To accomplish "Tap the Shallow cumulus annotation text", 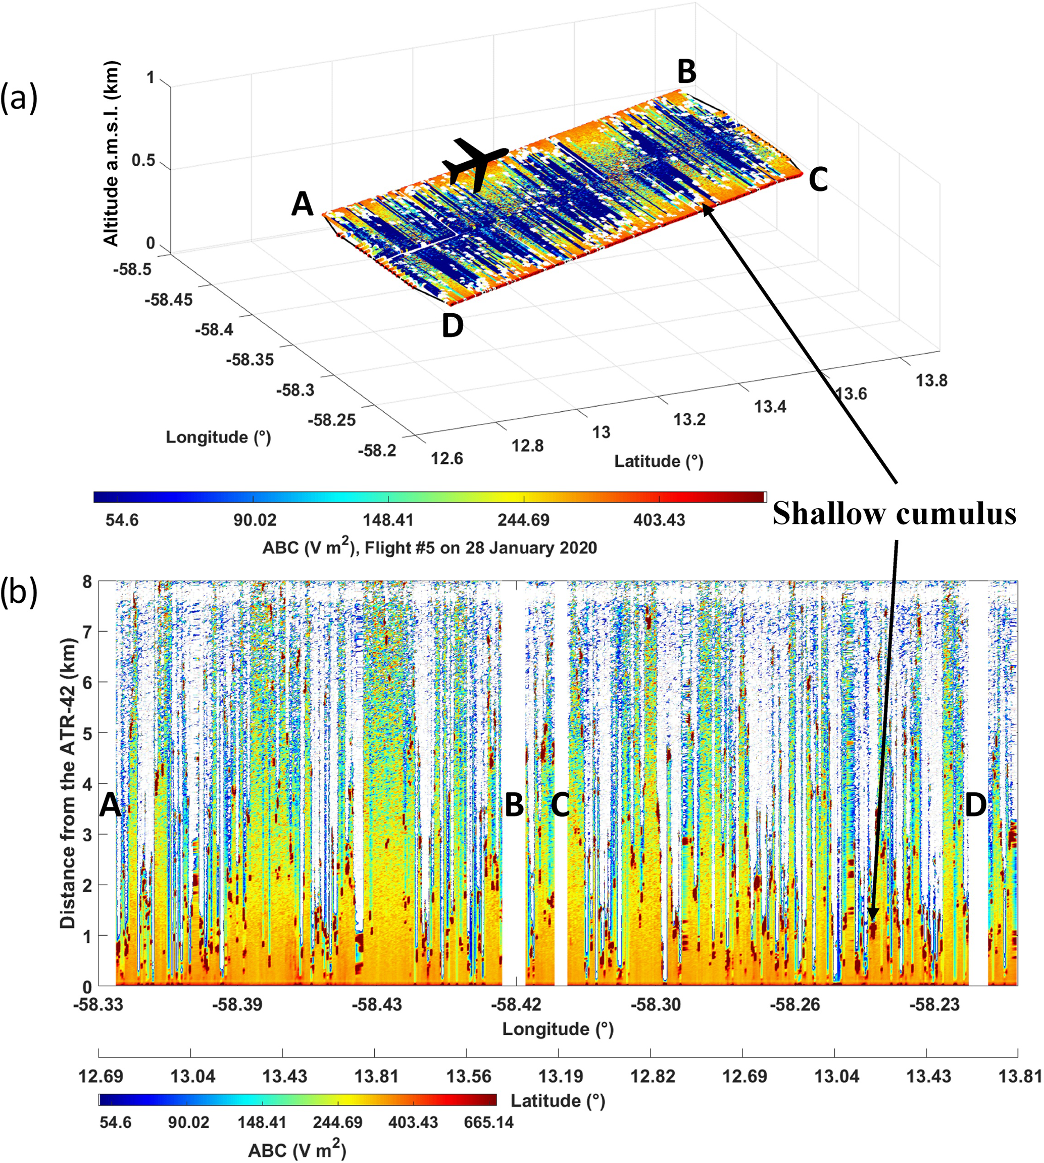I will [x=893, y=513].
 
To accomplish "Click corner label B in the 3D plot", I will [x=686, y=72].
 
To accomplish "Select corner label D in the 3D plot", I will [x=453, y=326].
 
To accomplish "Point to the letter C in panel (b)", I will [x=560, y=805].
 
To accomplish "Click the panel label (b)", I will [x=19, y=593].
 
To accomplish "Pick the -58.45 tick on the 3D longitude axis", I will [x=169, y=300].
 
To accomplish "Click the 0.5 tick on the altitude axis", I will [x=143, y=161].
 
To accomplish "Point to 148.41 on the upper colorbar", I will [x=388, y=520].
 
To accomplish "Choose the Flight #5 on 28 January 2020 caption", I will [x=429, y=548].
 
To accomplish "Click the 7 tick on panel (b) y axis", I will [x=86, y=632].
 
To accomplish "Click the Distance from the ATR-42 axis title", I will [x=68, y=783].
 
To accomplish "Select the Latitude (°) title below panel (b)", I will [x=558, y=1100].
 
